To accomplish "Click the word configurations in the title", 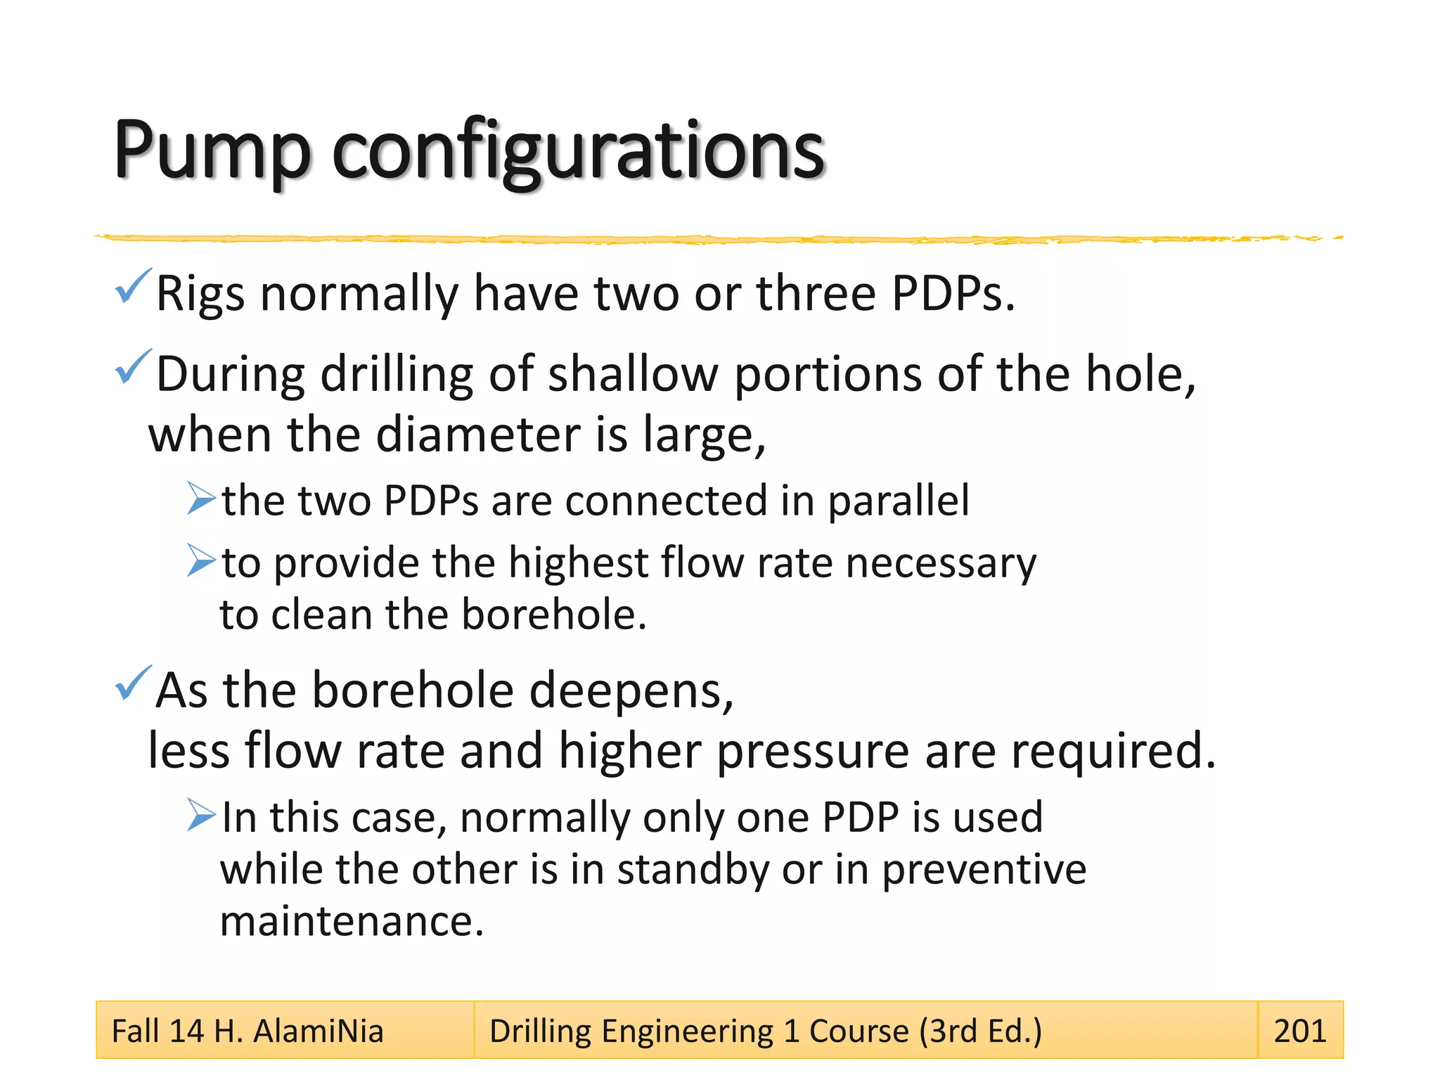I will (577, 151).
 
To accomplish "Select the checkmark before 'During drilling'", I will (132, 366).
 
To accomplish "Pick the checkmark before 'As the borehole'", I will (132, 683).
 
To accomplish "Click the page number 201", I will (1299, 1031).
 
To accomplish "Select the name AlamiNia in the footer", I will (318, 1031).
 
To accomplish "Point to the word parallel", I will (898, 501).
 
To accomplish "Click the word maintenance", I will (352, 921).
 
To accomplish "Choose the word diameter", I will (478, 434).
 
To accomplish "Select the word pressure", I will (813, 751).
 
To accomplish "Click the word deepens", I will (631, 690).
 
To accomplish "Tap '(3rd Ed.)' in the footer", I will (980, 1031).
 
